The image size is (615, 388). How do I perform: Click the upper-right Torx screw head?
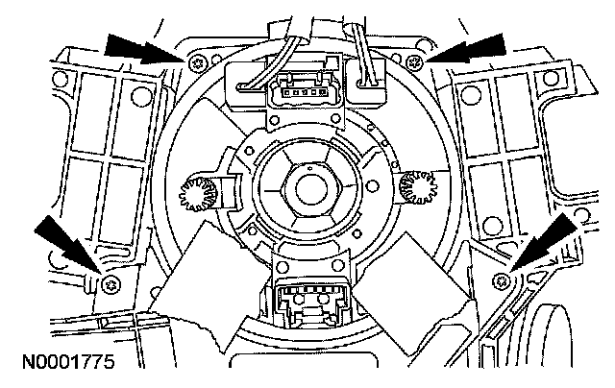tap(414, 63)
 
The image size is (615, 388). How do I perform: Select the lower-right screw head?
tap(504, 280)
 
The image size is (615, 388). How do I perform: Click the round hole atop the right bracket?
tap(471, 93)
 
